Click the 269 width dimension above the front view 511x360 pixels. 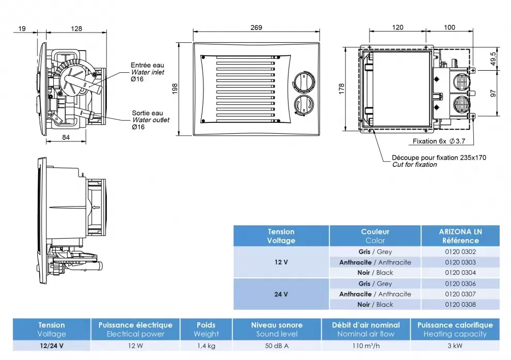click(256, 27)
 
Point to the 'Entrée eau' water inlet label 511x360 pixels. click(147, 66)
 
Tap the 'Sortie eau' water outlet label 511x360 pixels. click(147, 113)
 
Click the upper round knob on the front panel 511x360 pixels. click(302, 82)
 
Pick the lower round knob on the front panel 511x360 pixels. click(302, 105)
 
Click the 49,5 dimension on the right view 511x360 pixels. click(493, 58)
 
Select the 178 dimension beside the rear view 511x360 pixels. click(341, 88)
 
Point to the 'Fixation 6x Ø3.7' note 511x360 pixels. click(438, 141)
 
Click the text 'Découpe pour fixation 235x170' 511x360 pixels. click(439, 158)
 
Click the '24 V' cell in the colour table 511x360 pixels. click(281, 294)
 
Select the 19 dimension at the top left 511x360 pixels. click(21, 29)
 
